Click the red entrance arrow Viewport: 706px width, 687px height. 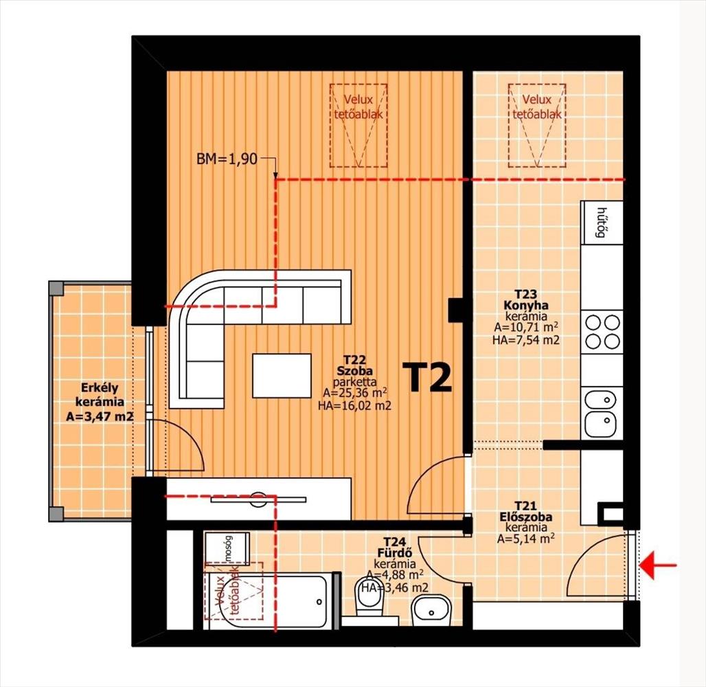click(x=658, y=565)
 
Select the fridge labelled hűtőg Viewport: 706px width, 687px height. click(x=602, y=222)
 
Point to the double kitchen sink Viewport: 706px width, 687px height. click(x=601, y=413)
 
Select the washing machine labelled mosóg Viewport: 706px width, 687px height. click(x=227, y=548)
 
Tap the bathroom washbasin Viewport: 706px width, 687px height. click(x=431, y=610)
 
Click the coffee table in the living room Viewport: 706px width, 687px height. click(x=282, y=376)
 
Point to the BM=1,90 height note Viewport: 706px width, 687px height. click(x=227, y=159)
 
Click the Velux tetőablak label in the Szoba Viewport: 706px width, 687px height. click(x=358, y=106)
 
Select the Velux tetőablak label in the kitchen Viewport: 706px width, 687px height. click(x=537, y=106)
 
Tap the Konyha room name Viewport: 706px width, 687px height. click(x=526, y=305)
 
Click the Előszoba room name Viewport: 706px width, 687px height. click(x=526, y=517)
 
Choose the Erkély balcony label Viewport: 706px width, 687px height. click(x=100, y=387)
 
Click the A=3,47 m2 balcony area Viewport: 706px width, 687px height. click(x=100, y=417)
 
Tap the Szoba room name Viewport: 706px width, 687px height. click(x=355, y=371)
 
